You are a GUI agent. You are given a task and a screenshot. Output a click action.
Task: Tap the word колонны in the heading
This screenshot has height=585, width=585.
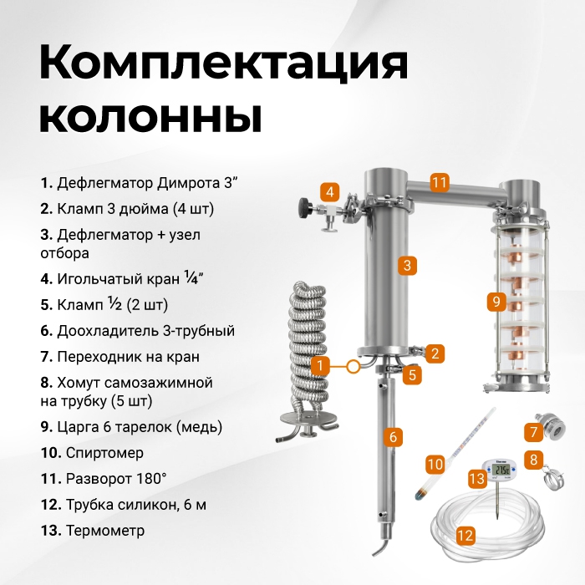point(150,116)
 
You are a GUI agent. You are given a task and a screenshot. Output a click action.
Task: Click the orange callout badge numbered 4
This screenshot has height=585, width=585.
point(330,192)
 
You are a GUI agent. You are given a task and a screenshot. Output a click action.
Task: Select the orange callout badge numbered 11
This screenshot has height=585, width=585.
point(439,182)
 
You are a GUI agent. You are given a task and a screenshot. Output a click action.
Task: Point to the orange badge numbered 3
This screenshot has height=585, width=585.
point(407,265)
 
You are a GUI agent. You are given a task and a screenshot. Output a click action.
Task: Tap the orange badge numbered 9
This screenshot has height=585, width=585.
point(496,301)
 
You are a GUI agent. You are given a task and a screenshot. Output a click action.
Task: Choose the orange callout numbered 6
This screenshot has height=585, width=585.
point(394,436)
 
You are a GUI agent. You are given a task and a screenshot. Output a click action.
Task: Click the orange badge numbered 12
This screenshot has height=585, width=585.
point(465,536)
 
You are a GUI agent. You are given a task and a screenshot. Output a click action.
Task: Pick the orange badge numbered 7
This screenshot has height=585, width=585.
point(533,432)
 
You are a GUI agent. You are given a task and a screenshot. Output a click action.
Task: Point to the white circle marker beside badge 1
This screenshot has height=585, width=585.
point(353,366)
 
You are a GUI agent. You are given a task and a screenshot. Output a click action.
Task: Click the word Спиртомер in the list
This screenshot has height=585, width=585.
point(104,453)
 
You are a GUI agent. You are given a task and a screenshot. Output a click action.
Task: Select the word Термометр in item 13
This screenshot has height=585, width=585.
point(105,530)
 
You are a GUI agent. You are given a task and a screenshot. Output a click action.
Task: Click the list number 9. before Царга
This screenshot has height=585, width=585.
point(47,427)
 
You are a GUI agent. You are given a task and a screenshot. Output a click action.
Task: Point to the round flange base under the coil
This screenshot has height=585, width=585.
point(308,420)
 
